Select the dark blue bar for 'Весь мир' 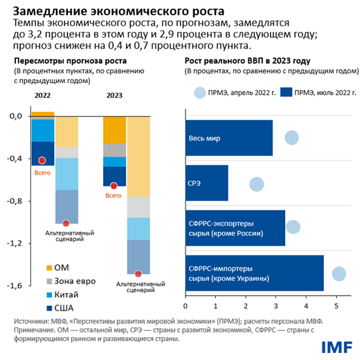click(x=228, y=138)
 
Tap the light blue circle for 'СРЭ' click(x=257, y=183)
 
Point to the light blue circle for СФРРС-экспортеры click(x=293, y=227)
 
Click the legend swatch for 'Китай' click(x=48, y=294)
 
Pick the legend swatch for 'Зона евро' click(x=48, y=281)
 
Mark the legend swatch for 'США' click(x=48, y=307)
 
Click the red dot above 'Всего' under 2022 click(x=42, y=161)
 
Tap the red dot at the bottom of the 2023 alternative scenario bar click(x=138, y=274)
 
